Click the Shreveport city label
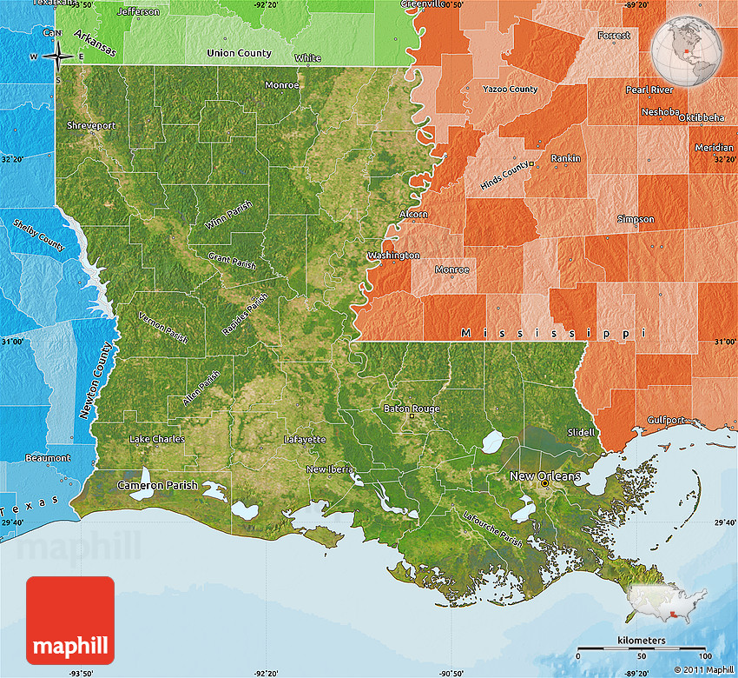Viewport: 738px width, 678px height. (91, 125)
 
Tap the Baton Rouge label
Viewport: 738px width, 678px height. (412, 409)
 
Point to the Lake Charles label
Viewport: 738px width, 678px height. (156, 439)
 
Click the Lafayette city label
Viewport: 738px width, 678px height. (305, 440)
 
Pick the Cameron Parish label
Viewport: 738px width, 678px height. (157, 485)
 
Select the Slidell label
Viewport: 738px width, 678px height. (581, 432)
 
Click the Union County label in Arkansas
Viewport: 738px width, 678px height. (239, 53)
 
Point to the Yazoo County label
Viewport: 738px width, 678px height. (511, 90)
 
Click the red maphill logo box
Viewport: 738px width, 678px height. (69, 621)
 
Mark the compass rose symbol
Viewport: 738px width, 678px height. (56, 56)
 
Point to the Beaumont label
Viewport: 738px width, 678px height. (48, 458)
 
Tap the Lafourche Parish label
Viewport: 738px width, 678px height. (492, 529)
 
